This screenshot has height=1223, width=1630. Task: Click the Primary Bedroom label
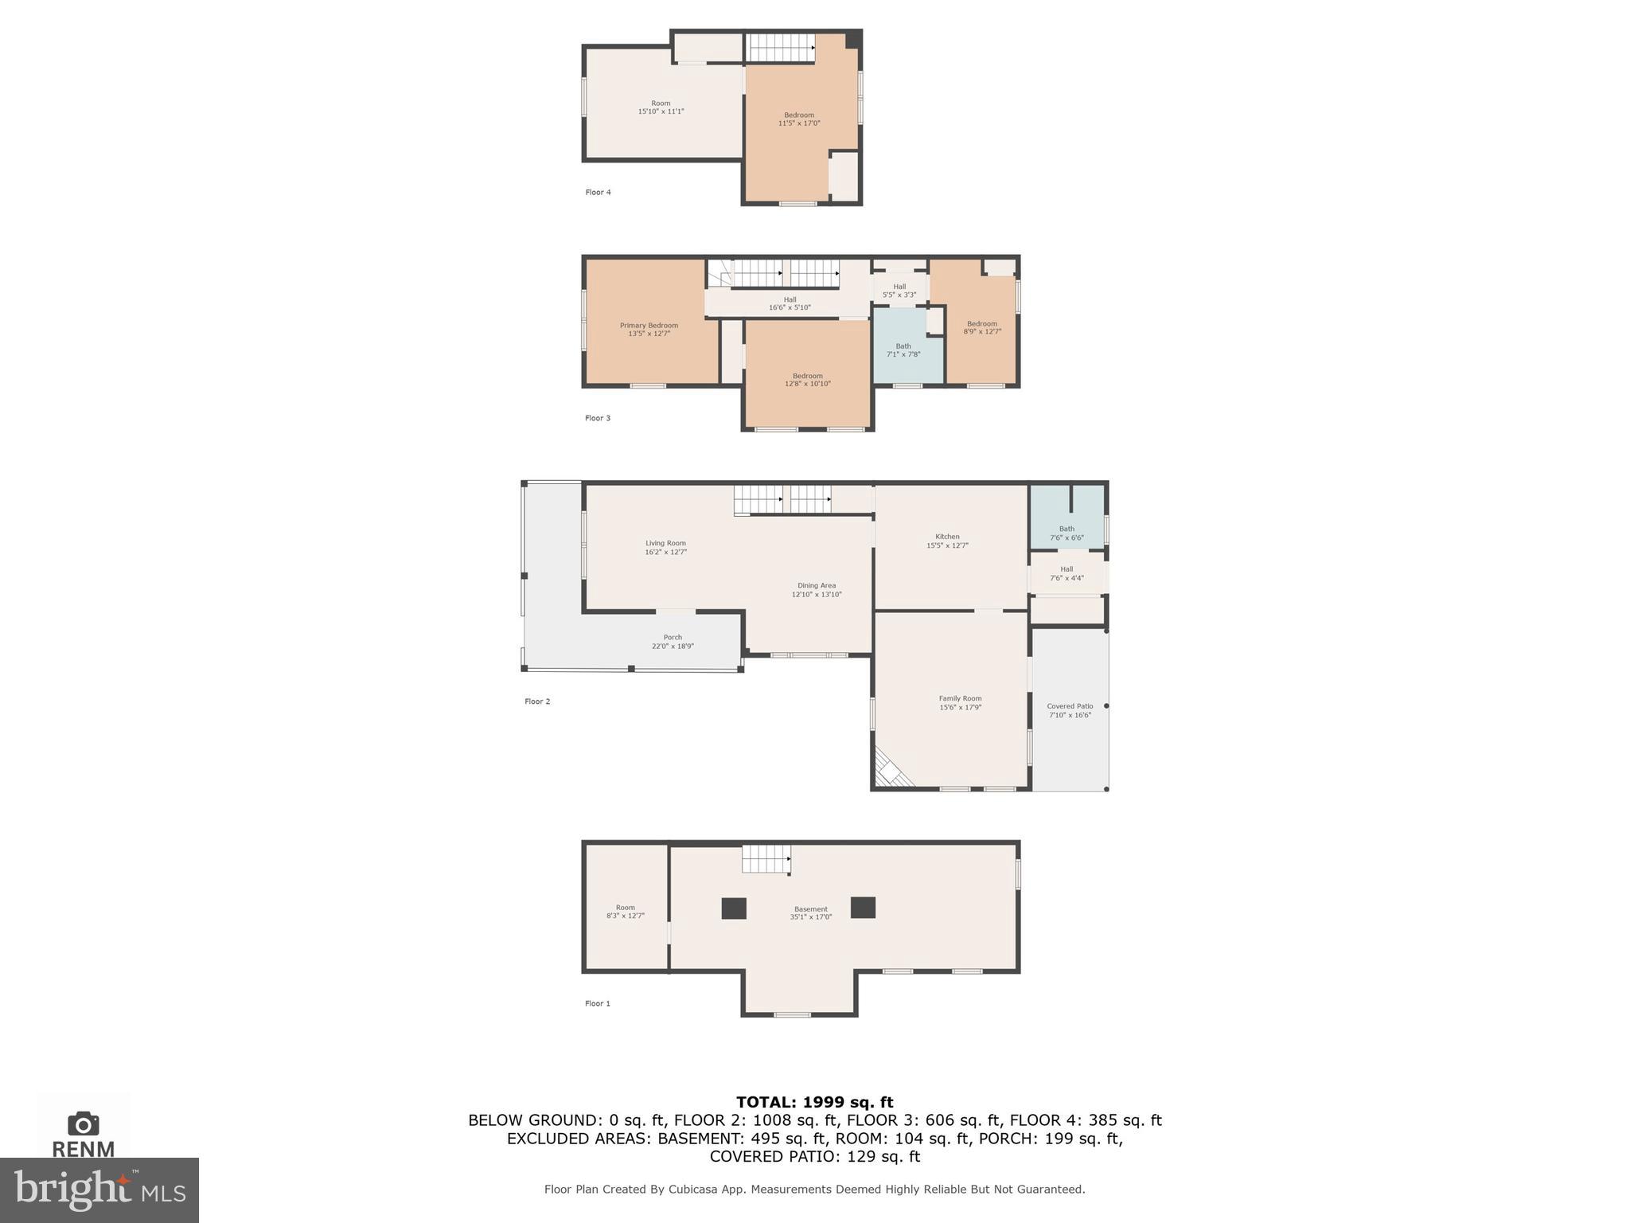click(x=649, y=326)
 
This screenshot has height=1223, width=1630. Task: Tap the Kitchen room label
click(x=947, y=537)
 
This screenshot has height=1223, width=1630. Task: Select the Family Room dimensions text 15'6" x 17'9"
click(x=960, y=707)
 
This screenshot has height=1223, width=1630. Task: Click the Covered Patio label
click(x=1070, y=706)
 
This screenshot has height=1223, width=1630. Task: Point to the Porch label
click(x=673, y=637)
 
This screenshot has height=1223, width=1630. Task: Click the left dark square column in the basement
click(x=734, y=908)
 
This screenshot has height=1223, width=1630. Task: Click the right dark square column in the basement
click(x=863, y=908)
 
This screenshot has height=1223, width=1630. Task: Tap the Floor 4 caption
click(x=598, y=192)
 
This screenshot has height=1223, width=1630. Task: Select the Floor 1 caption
click(x=597, y=1003)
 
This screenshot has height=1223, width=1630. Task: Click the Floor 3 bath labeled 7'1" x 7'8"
click(x=903, y=350)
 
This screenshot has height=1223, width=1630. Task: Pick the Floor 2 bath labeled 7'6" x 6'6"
click(x=1067, y=533)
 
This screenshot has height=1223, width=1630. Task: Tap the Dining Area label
click(x=817, y=585)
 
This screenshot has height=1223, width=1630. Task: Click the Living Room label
click(x=665, y=543)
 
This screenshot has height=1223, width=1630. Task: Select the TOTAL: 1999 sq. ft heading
click(x=814, y=1102)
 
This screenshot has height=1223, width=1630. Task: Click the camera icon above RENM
click(x=83, y=1123)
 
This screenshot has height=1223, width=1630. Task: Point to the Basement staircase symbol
click(x=766, y=859)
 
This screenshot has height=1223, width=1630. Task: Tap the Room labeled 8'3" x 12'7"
click(x=626, y=912)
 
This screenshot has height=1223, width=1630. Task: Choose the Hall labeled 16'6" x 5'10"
click(x=790, y=303)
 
